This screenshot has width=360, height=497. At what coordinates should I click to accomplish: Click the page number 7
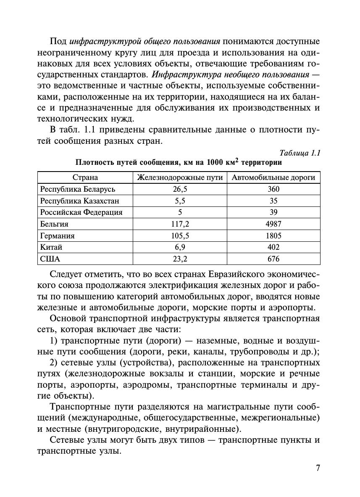tap(318, 468)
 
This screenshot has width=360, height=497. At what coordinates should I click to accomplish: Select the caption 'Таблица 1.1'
tap(300, 153)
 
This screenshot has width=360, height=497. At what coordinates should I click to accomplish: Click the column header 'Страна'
tap(85, 177)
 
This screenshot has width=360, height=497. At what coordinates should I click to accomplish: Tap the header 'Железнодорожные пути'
tap(180, 177)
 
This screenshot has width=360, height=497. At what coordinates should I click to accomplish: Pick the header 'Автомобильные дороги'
tap(273, 177)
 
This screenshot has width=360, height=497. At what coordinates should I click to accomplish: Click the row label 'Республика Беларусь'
tap(78, 189)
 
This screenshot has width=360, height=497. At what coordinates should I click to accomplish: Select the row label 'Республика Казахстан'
tap(80, 201)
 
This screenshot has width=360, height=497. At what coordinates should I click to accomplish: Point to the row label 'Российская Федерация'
tap(81, 212)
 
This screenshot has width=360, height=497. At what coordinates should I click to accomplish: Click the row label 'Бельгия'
tap(54, 224)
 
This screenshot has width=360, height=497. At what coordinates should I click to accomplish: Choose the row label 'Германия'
tap(57, 236)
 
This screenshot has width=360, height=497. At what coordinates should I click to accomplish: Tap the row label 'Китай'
tap(51, 247)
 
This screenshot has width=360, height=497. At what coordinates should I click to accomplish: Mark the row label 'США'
tap(50, 259)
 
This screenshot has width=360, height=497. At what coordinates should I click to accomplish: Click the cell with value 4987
tap(273, 224)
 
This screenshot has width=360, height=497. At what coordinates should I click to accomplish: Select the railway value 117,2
tap(180, 224)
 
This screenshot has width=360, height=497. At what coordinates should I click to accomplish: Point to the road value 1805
tap(273, 236)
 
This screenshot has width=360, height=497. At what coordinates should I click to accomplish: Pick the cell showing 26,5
tap(180, 189)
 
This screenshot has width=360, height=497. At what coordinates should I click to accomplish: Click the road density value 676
tap(273, 259)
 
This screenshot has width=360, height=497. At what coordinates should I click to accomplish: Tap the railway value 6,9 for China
tap(180, 247)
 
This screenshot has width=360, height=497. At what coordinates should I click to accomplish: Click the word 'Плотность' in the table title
tap(93, 162)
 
